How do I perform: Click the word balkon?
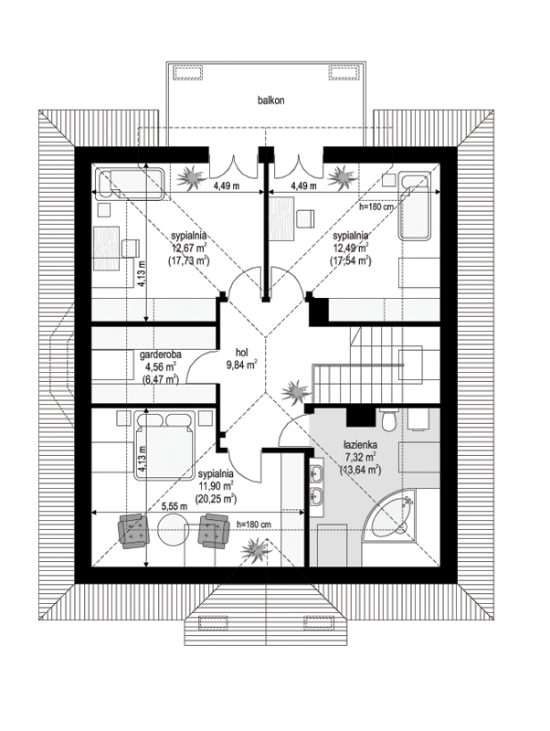[270, 101]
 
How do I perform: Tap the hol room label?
[241, 353]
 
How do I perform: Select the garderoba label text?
[161, 355]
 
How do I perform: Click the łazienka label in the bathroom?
[360, 445]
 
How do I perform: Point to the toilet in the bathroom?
[387, 418]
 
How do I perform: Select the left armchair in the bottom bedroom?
[133, 531]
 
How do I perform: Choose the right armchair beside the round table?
[214, 531]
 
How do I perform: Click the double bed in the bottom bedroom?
[165, 445]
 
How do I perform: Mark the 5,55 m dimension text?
[174, 507]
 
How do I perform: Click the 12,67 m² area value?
[189, 248]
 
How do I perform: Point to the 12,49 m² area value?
[351, 247]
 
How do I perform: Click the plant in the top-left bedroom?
[191, 176]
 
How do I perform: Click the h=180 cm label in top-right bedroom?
[376, 207]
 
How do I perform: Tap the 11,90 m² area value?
[216, 486]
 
